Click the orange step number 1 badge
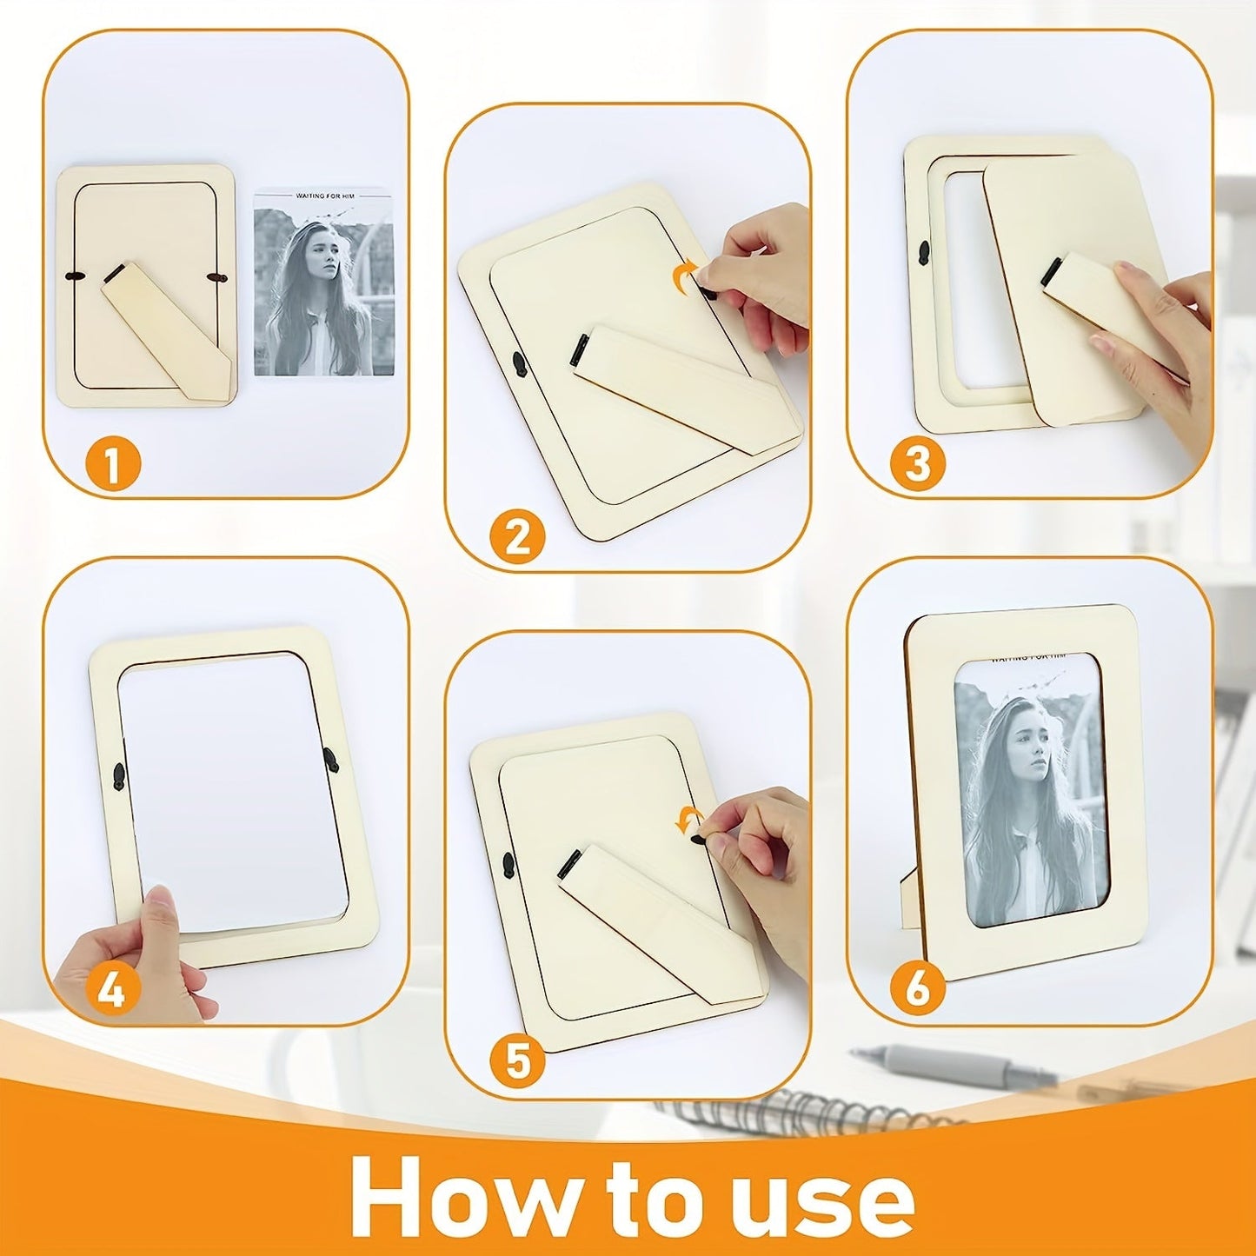coord(111,465)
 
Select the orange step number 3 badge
coord(917,465)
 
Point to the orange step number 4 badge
coord(111,991)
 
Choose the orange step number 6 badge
coord(917,989)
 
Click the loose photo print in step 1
coord(323,283)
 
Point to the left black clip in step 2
coord(519,362)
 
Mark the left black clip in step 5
coord(508,863)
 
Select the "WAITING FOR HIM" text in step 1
coord(322,196)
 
